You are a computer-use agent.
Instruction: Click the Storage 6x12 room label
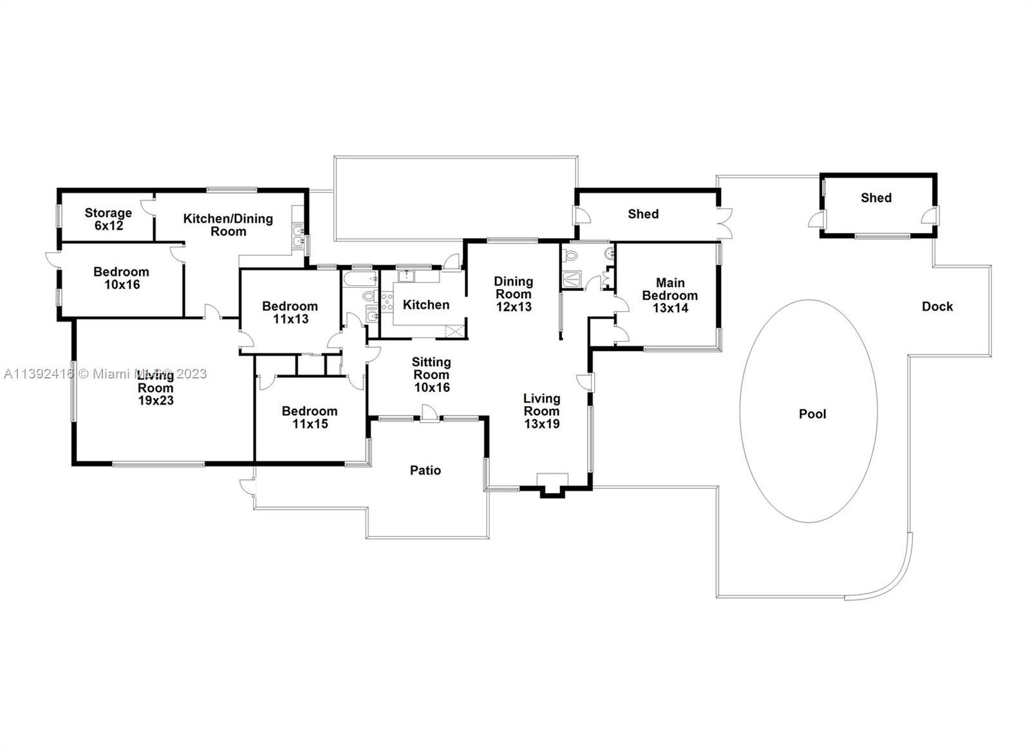click(109, 220)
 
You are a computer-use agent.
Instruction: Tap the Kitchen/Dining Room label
click(228, 225)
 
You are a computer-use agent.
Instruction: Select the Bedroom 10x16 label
click(122, 278)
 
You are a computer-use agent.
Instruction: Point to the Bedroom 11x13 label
click(290, 313)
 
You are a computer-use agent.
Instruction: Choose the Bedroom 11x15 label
click(310, 417)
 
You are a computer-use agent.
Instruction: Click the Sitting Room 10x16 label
click(431, 375)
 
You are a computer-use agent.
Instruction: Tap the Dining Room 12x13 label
click(514, 294)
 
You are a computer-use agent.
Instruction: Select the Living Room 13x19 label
click(542, 411)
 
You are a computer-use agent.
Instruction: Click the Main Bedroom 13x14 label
click(670, 295)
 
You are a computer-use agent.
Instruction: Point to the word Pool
click(812, 414)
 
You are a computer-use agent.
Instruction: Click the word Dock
click(937, 306)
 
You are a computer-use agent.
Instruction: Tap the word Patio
click(426, 471)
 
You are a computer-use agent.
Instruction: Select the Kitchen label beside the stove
click(426, 305)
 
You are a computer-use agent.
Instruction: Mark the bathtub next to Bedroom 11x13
click(360, 279)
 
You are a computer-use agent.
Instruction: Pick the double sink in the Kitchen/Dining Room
click(299, 236)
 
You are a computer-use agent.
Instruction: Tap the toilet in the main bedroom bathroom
click(570, 254)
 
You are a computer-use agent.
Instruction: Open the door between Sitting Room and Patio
click(429, 413)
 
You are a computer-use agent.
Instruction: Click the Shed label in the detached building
click(876, 198)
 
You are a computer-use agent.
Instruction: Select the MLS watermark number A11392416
click(39, 374)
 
